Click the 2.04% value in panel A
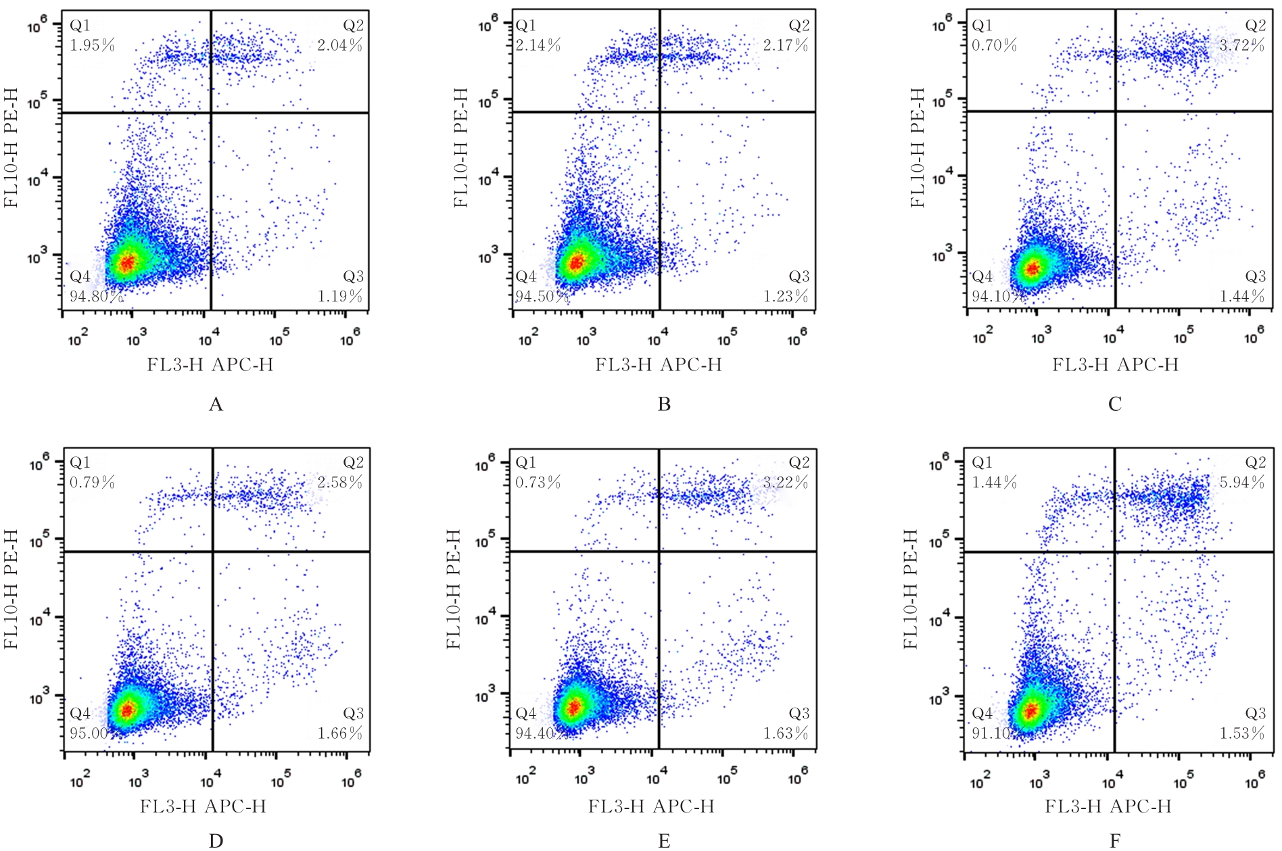pyautogui.click(x=339, y=45)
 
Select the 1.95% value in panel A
pyautogui.click(x=93, y=45)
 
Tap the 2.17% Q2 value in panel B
pyautogui.click(x=786, y=45)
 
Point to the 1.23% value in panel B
pyautogui.click(x=786, y=296)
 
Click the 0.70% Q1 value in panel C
pyautogui.click(x=994, y=45)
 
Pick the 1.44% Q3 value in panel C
pyautogui.click(x=1242, y=296)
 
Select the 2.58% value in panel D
pyautogui.click(x=339, y=483)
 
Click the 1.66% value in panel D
pyautogui.click(x=339, y=733)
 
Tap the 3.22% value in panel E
pyautogui.click(x=786, y=483)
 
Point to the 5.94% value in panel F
pyautogui.click(x=1242, y=483)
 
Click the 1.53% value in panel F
pyautogui.click(x=1242, y=733)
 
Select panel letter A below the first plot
pyautogui.click(x=216, y=404)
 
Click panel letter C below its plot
pyautogui.click(x=1115, y=404)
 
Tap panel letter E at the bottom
pyautogui.click(x=664, y=841)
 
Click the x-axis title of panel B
pyautogui.click(x=659, y=365)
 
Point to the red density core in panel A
pyautogui.click(x=126, y=262)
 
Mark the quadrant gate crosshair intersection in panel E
pyautogui.click(x=659, y=552)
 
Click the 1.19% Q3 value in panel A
pyautogui.click(x=339, y=296)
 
